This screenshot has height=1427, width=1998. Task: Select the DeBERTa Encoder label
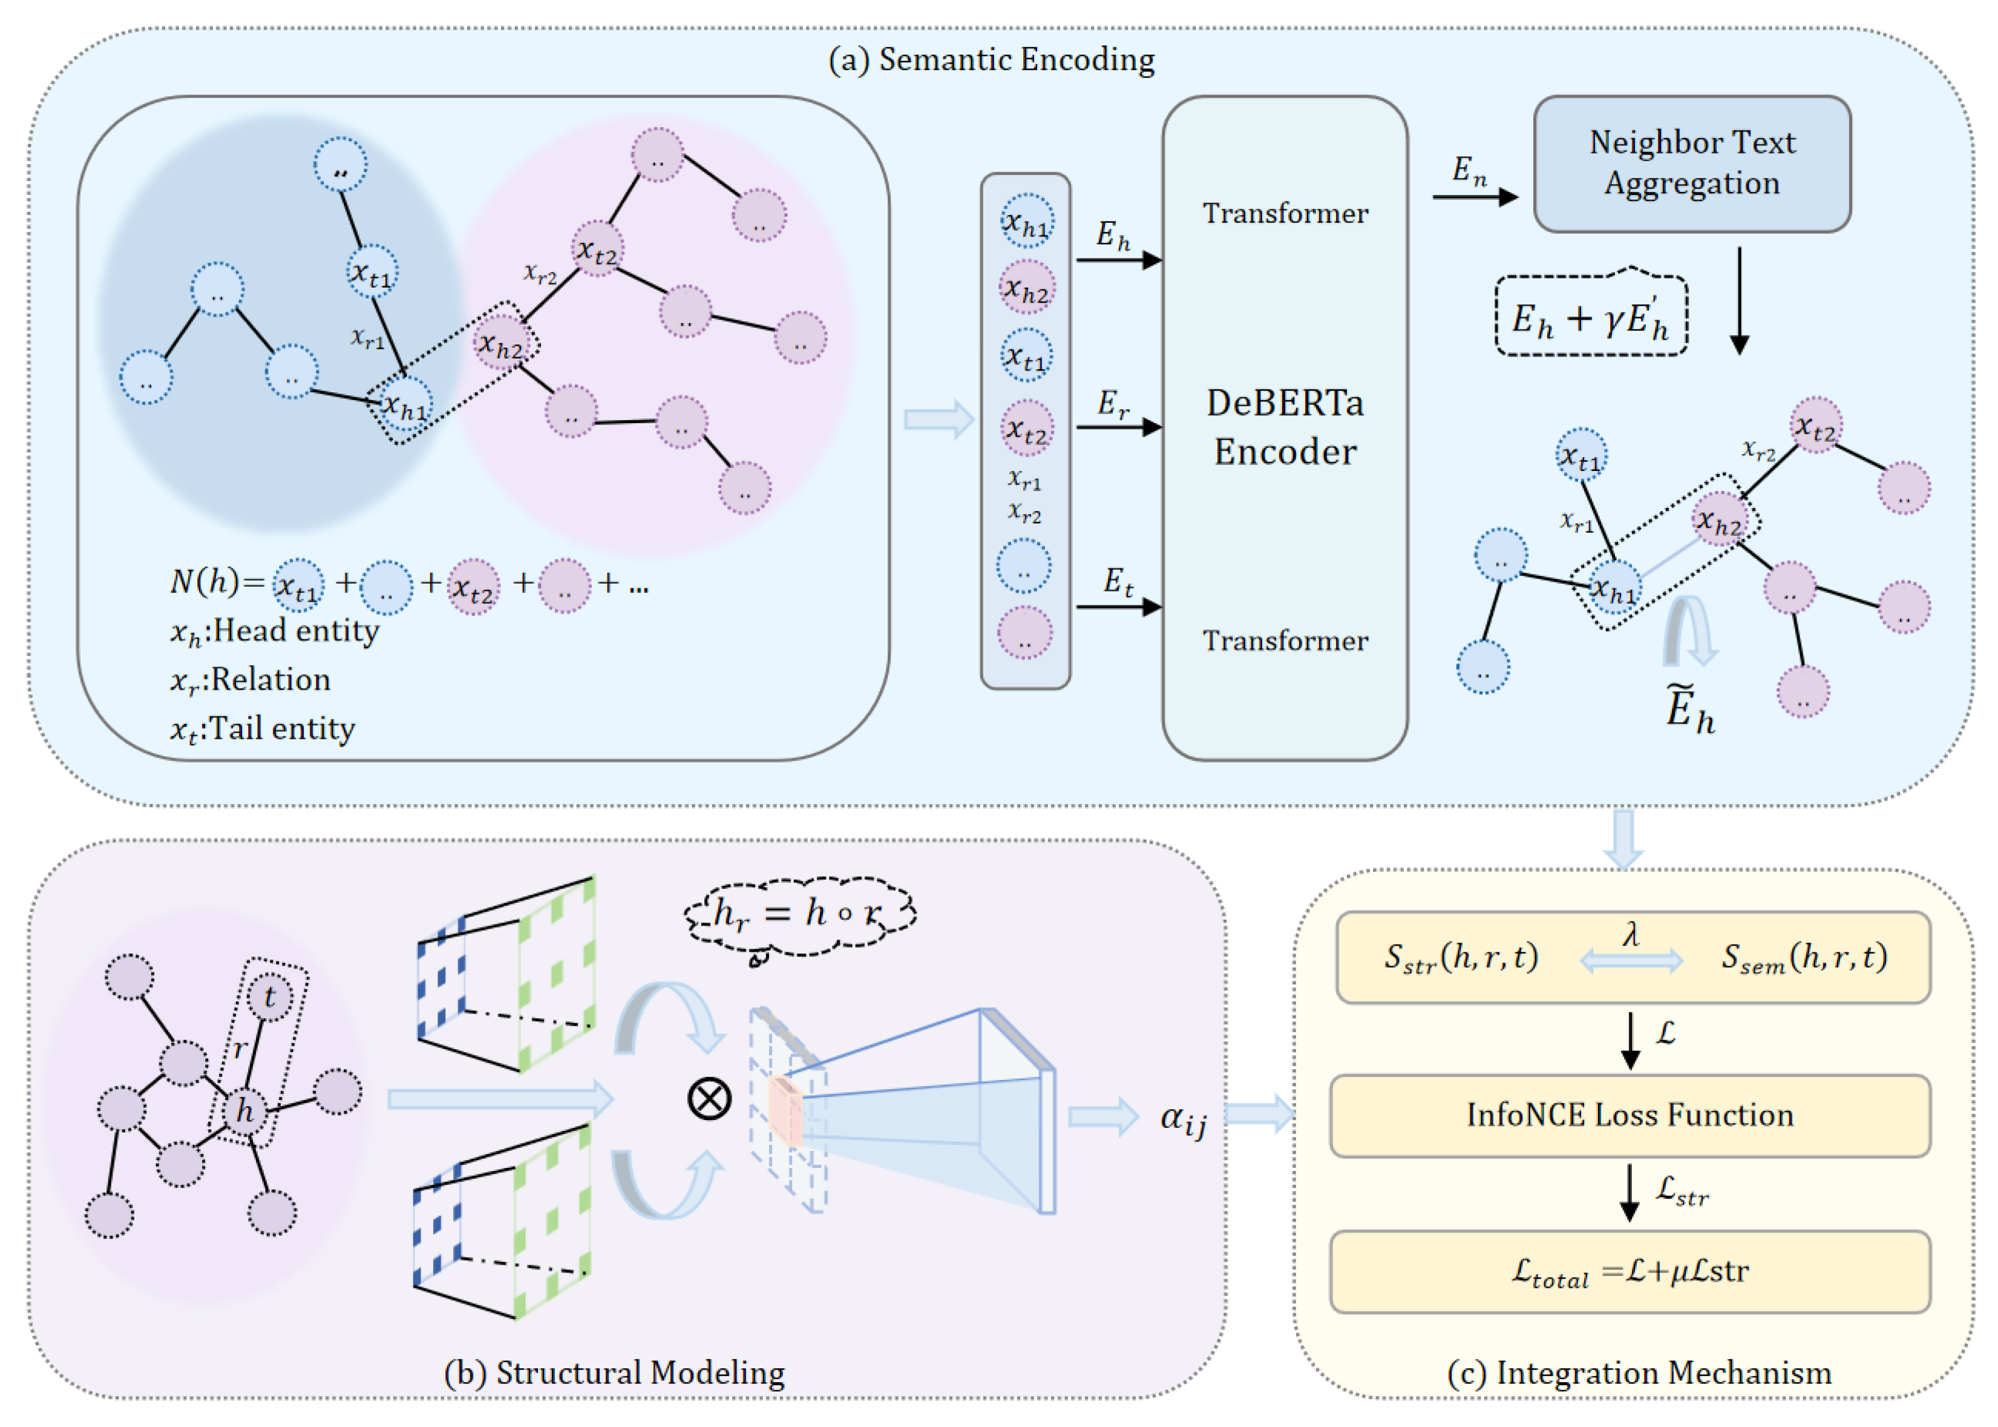click(x=1285, y=427)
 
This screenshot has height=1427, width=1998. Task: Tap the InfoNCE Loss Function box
click(x=1630, y=1115)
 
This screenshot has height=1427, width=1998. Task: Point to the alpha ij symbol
click(x=1183, y=1119)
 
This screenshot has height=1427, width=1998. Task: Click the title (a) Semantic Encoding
click(x=992, y=59)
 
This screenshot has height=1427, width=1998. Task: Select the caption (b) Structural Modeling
click(x=614, y=1372)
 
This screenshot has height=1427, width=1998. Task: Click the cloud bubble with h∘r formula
click(x=800, y=915)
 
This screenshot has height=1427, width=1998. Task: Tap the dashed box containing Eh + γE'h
click(x=1591, y=315)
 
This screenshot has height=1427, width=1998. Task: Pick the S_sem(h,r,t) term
click(x=1804, y=957)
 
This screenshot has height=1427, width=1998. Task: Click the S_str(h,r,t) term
click(x=1461, y=957)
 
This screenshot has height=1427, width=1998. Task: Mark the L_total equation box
click(x=1630, y=1271)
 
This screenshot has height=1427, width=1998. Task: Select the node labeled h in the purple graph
click(x=245, y=1111)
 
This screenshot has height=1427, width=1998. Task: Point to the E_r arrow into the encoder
click(x=1119, y=427)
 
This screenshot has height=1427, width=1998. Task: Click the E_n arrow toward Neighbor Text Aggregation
click(x=1475, y=197)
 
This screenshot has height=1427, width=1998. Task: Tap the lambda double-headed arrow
click(x=1631, y=960)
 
